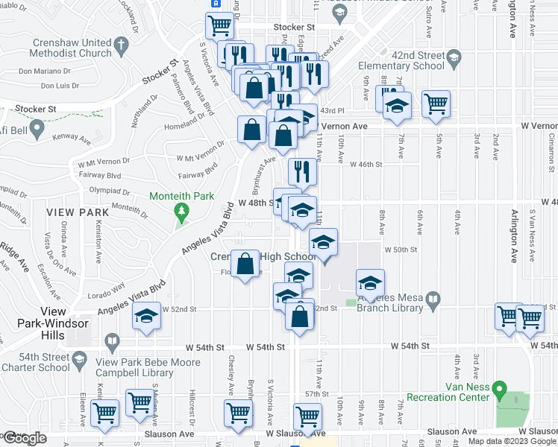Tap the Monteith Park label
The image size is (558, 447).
pos(181,197)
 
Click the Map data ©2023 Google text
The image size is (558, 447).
pos(511,441)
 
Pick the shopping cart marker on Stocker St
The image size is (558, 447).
pos(220,25)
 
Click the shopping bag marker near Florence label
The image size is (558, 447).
pos(245,263)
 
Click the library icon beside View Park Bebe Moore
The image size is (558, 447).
pos(112,343)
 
